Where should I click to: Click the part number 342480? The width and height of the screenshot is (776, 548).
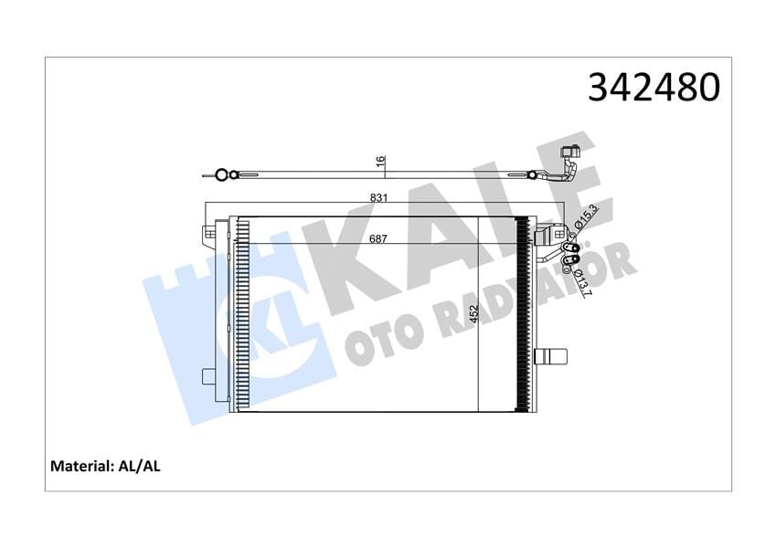click(x=654, y=88)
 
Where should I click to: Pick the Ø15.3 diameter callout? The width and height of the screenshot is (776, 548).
click(x=589, y=218)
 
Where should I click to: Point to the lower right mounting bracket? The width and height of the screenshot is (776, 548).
click(x=552, y=355)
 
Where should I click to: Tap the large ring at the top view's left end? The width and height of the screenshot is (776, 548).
click(x=219, y=173)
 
